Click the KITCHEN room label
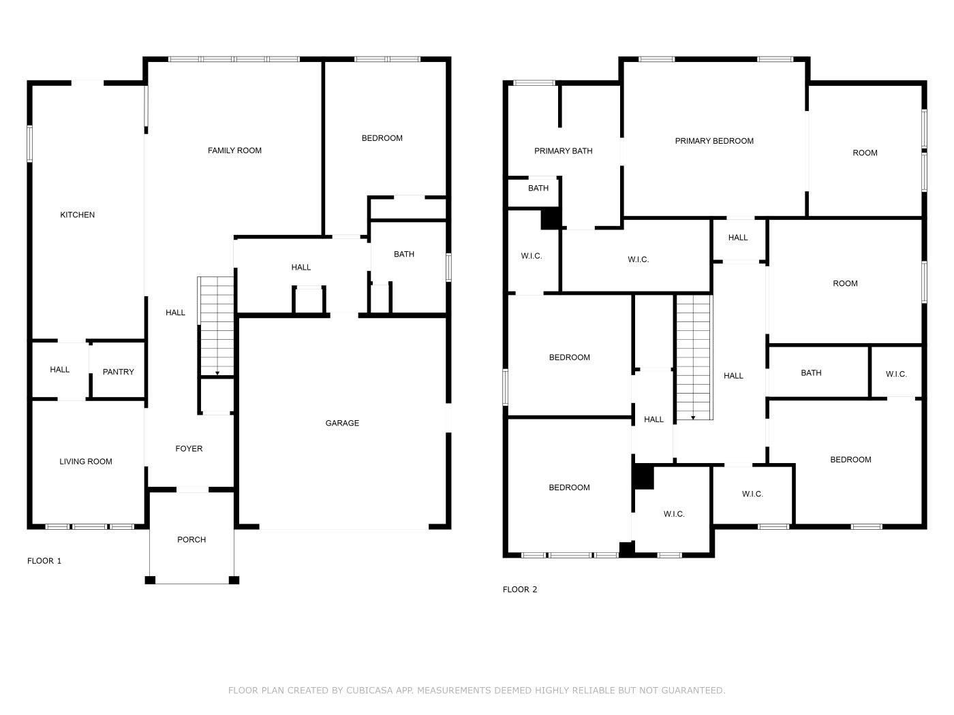pos(77,215)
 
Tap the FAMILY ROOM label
pos(234,150)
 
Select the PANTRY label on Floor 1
pos(118,372)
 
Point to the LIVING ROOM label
pos(85,462)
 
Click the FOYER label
pos(189,449)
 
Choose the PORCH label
pos(191,540)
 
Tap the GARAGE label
pos(342,424)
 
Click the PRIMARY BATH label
pos(563,151)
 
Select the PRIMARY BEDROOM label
pos(714,141)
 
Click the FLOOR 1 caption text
pos(44,561)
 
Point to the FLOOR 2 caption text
pos(520,590)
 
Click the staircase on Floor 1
pos(216,325)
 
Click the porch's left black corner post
pos(150,580)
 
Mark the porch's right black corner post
pos(234,580)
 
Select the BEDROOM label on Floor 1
pos(382,138)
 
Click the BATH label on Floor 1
pos(403,255)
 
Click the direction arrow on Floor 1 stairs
pos(217,373)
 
